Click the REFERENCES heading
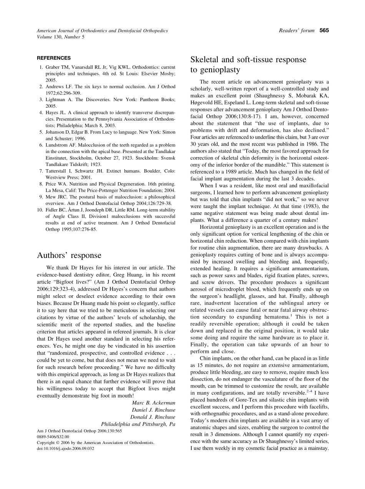coord(54,58)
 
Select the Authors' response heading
coord(69,256)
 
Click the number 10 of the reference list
coord(40,210)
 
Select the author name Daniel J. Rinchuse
coord(154,410)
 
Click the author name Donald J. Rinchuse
coord(153,417)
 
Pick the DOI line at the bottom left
coord(65,448)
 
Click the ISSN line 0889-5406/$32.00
coord(53,437)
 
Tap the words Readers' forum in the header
coord(297,31)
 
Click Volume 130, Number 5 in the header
coord(60,37)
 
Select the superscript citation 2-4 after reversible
coord(309,391)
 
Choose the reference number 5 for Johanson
coord(41,132)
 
